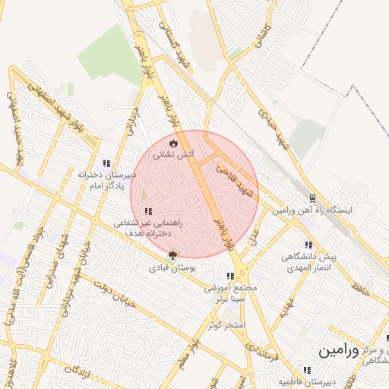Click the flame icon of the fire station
point(174,142)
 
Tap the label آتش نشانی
point(174,154)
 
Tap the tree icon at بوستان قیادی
point(172,256)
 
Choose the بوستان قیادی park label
point(172,268)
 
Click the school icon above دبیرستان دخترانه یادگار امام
point(106,163)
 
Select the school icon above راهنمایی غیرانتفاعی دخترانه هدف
point(148,210)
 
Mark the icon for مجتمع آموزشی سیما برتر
point(229,277)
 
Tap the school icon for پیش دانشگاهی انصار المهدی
point(308,245)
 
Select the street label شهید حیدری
point(274,130)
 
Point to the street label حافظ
point(359,286)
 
